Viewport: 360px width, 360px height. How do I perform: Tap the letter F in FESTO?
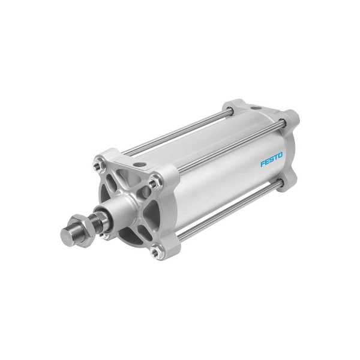(262, 164)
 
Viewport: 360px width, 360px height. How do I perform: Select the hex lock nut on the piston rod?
(85, 224)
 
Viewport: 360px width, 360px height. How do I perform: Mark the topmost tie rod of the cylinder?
(180, 129)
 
